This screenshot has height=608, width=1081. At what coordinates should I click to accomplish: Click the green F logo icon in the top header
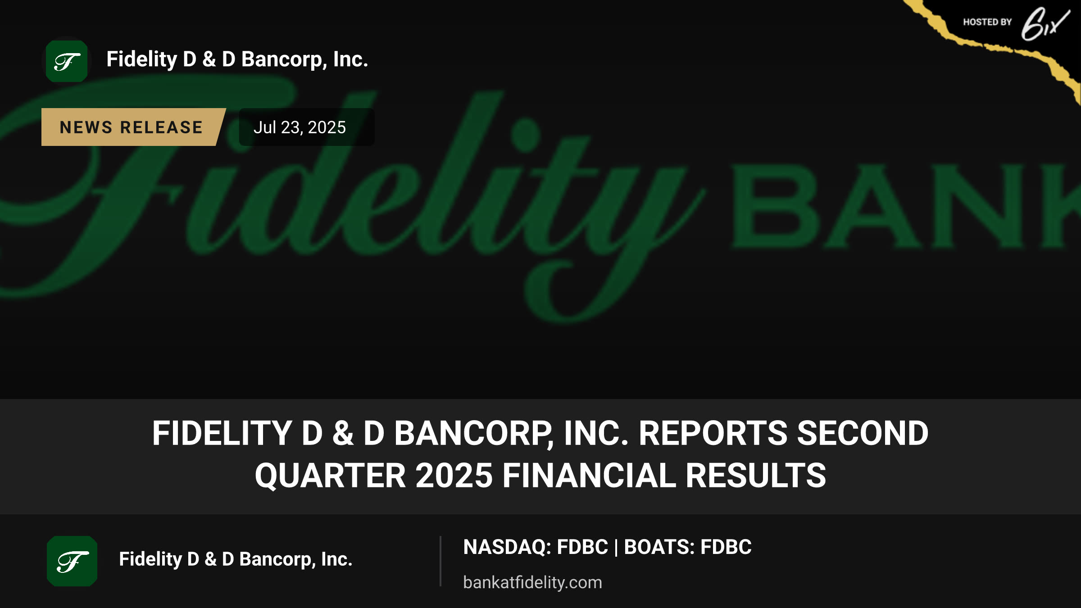(x=67, y=61)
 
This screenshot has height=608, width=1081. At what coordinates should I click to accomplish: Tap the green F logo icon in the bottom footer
(x=72, y=561)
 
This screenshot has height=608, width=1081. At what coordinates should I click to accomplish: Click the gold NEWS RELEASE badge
(x=133, y=127)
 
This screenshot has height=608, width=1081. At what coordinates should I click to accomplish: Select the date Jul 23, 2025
(x=300, y=127)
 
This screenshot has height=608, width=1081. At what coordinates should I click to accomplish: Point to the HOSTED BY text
(x=987, y=22)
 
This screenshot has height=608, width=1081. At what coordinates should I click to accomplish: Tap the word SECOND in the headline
(x=863, y=433)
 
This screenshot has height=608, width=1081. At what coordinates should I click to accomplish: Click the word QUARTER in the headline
(x=330, y=476)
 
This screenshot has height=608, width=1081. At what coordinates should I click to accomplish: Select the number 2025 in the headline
(x=454, y=476)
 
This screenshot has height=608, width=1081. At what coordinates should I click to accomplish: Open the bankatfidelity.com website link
(x=532, y=582)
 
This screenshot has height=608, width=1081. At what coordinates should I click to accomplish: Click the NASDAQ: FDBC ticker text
(x=536, y=547)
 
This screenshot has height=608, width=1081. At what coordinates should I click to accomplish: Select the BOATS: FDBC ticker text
(x=688, y=547)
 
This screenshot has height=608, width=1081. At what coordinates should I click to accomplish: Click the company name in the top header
(x=237, y=60)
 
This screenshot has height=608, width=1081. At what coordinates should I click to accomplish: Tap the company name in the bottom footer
(x=236, y=560)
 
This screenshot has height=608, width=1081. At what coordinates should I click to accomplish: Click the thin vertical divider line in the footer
(x=441, y=561)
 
